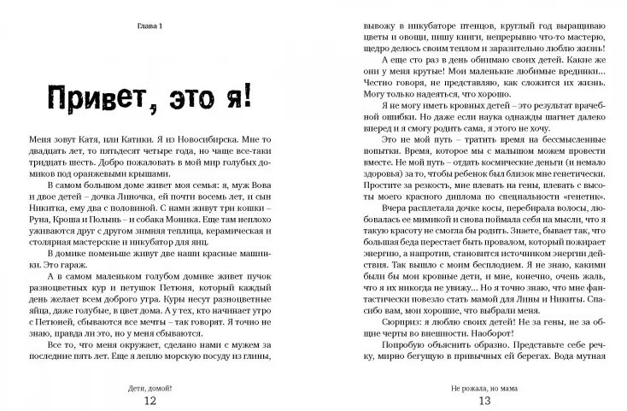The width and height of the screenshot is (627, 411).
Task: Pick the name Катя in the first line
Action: pos(86,137)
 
